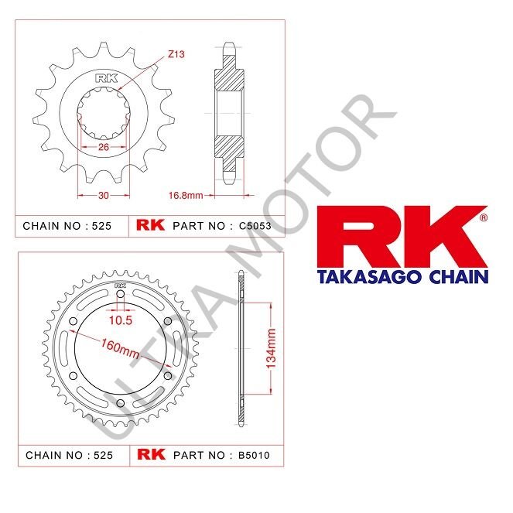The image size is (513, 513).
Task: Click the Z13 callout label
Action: [x=176, y=55]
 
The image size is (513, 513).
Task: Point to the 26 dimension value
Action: [x=104, y=147]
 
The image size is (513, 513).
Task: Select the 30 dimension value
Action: [x=102, y=196]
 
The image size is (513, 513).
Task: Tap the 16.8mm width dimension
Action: [x=186, y=196]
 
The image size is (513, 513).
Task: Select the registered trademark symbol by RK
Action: [x=484, y=219]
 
